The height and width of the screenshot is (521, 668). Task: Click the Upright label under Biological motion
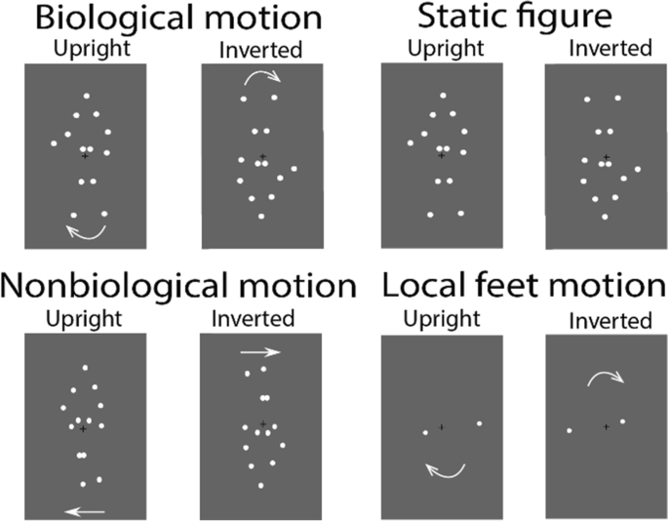pos(86,47)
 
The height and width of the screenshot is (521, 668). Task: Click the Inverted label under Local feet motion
pos(611,321)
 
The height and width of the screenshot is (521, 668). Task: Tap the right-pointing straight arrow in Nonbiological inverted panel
pos(260,352)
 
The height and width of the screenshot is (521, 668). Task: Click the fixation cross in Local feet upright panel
pos(441,427)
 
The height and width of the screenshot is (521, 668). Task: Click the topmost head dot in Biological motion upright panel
pos(87,96)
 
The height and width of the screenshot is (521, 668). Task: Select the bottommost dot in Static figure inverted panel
pos(606,216)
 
